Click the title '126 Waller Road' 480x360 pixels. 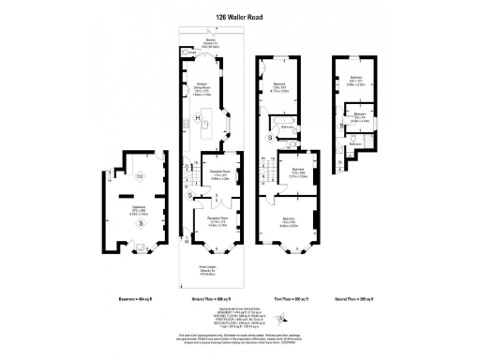(240, 16)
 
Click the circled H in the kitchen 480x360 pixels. (197, 117)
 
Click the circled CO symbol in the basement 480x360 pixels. (141, 176)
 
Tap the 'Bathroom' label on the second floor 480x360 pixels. (356, 143)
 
